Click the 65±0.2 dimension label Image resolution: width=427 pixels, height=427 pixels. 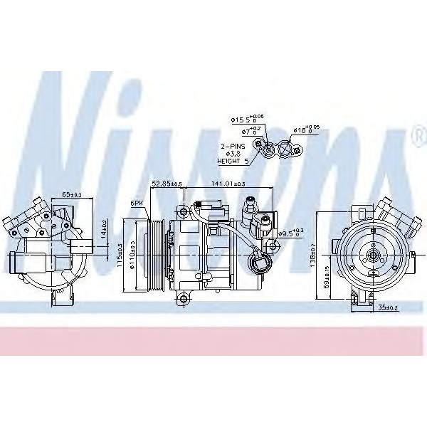(71, 194)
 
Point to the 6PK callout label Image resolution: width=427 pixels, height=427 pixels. (137, 203)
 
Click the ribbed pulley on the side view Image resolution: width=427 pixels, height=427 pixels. (154, 254)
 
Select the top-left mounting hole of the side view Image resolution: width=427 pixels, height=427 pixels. (184, 211)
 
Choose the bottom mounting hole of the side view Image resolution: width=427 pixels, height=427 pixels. (183, 296)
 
